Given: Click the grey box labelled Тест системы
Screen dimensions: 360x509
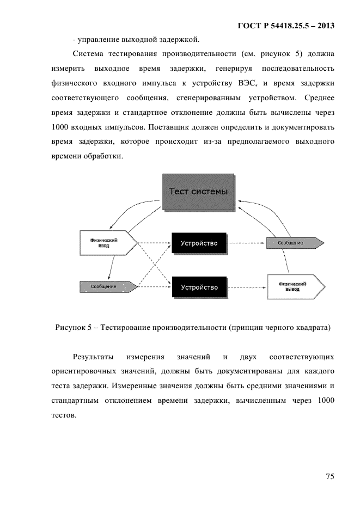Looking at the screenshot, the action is pos(198,192).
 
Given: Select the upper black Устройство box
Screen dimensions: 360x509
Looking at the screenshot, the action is pos(199,243).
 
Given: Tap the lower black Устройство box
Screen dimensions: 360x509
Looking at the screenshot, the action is pos(199,287).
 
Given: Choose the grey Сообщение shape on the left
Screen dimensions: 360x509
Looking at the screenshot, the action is pos(108,287).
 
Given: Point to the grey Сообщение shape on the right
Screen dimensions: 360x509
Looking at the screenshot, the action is pos(295,243).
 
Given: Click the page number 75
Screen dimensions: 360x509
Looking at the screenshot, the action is pos(330,476).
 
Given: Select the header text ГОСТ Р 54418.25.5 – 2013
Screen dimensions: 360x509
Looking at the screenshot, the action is pos(286,26).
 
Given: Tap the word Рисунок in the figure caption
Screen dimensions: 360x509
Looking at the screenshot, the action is pos(70,327).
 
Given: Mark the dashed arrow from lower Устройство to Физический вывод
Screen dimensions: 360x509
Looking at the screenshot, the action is pos(247,287).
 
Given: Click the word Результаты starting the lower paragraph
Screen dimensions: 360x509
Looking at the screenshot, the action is pos(93,357).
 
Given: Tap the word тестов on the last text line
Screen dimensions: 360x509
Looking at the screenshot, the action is pos(64,415).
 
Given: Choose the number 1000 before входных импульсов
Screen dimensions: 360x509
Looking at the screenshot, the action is pos(60,127).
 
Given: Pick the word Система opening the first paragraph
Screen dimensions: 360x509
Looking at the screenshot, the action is pos(88,54).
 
